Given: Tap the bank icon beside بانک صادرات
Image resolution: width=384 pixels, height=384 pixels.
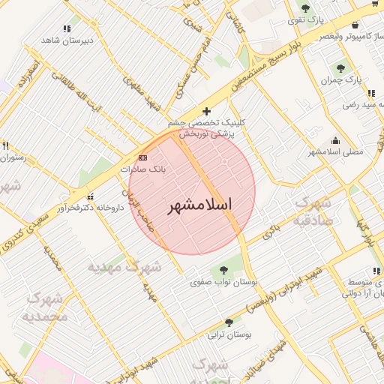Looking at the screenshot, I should point(143,157).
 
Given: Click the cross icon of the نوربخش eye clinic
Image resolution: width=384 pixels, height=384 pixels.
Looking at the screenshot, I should point(207,112).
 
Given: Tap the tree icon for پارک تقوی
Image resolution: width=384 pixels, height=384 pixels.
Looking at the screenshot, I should point(305,8).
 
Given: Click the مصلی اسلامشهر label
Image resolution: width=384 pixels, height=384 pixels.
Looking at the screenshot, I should point(335,151).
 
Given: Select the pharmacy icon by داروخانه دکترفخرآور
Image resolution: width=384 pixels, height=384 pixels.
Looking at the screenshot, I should point(91,196).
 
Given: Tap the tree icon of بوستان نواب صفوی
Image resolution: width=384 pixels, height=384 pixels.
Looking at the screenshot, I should point(223,270).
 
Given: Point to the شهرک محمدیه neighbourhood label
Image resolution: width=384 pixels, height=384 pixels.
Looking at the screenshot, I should point(47,307).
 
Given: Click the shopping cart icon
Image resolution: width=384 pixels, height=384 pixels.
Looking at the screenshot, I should point(375,4).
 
